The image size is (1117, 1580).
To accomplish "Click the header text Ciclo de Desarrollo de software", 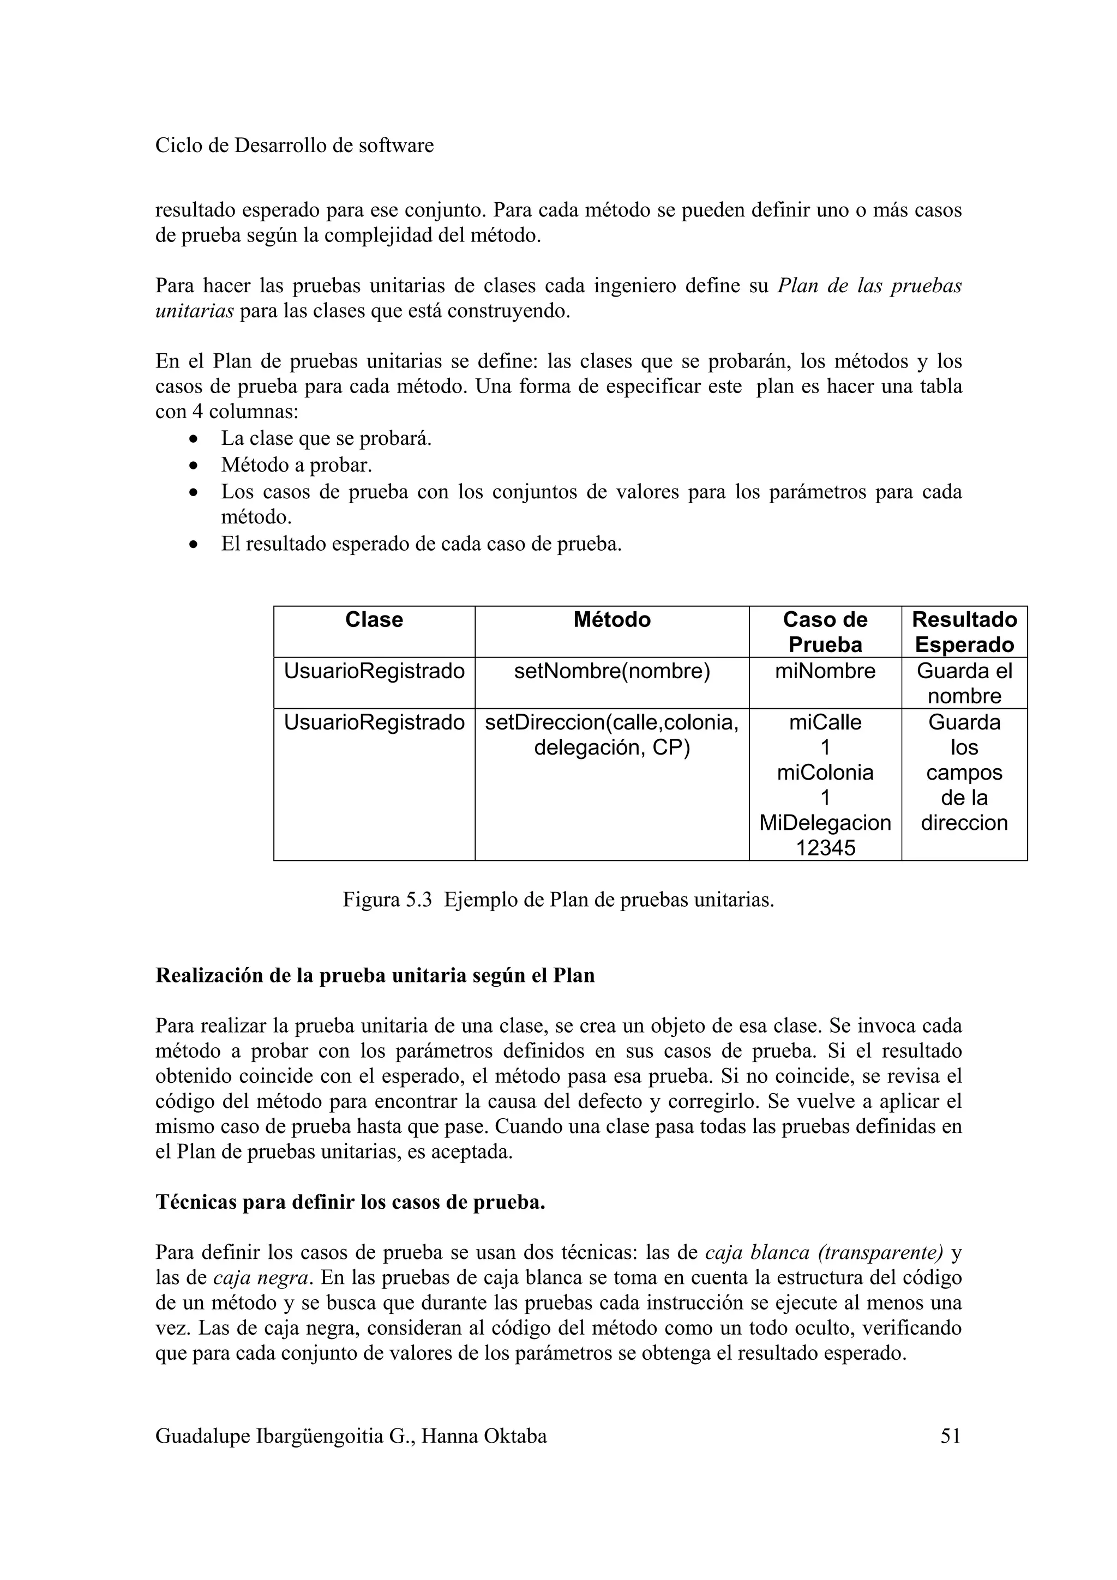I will (x=295, y=146).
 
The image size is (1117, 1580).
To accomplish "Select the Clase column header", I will (x=374, y=620).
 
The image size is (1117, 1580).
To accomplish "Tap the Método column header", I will (x=611, y=620).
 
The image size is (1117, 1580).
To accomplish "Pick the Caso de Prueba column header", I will (x=825, y=632).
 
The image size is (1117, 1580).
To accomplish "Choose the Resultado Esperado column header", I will (x=964, y=632).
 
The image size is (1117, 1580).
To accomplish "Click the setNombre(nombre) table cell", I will (x=611, y=671).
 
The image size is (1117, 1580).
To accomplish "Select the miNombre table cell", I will (x=825, y=671).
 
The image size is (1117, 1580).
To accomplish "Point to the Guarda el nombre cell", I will (x=964, y=683).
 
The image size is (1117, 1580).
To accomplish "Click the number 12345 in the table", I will (x=825, y=848).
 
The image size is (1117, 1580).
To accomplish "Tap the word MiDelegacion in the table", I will (x=825, y=823).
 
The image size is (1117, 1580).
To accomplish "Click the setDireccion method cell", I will (x=611, y=734).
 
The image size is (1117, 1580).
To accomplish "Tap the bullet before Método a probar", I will (x=195, y=466).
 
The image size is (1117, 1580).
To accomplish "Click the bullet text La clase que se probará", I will (x=326, y=438).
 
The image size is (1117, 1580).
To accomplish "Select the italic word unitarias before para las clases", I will (x=194, y=311).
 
